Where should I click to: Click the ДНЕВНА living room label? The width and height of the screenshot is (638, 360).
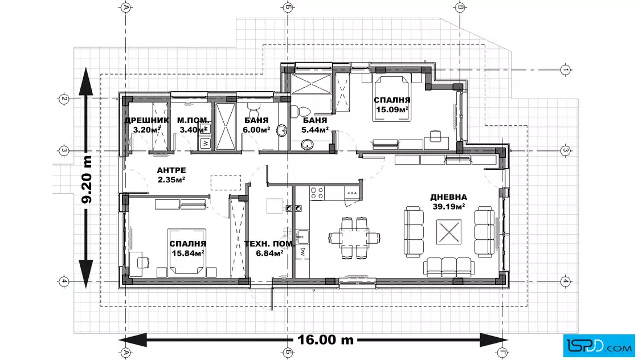pos(449,197)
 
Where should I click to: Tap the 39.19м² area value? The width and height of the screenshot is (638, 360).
pos(449,207)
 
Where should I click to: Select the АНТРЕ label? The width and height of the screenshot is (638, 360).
pos(171,170)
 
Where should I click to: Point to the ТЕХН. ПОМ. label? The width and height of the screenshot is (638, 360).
pos(269,244)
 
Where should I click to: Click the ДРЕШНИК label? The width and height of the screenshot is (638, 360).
pos(146,120)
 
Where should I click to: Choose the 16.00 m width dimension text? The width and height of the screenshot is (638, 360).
pos(325,339)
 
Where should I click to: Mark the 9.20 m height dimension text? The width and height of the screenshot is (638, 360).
pos(87,179)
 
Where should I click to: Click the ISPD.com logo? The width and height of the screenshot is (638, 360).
pos(599,346)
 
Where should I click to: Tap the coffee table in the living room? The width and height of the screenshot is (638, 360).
pos(449,232)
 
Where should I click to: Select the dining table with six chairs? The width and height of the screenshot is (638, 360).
pos(354,238)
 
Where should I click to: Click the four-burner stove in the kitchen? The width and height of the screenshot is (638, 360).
pos(317,193)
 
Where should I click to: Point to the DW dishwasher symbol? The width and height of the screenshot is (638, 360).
pos(302,252)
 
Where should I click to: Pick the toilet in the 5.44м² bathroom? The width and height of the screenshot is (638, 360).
pos(302,111)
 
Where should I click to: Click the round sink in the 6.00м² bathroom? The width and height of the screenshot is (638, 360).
pos(281,130)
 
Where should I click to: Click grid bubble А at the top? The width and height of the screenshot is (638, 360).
pos(126,7)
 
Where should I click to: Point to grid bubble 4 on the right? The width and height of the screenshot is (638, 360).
pos(565,281)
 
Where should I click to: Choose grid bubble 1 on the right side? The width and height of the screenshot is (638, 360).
pos(565,70)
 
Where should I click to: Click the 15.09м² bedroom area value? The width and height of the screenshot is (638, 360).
pos(392,109)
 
